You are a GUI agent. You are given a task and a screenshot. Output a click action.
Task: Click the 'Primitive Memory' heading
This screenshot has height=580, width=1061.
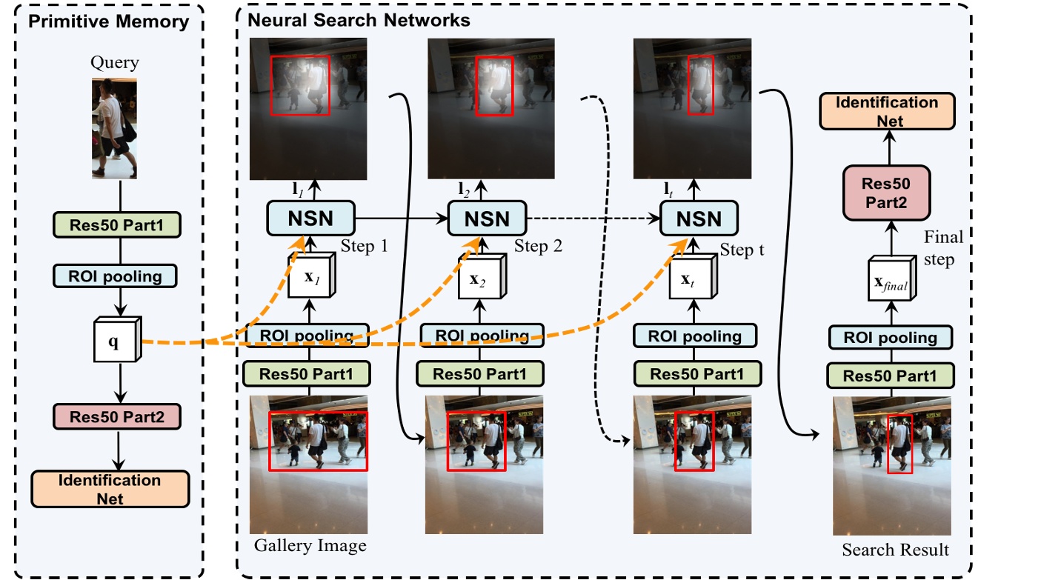click(107, 21)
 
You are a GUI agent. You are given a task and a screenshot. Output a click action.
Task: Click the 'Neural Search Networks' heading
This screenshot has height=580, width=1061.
click(359, 20)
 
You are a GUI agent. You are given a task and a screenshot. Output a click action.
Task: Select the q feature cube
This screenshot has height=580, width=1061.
click(114, 341)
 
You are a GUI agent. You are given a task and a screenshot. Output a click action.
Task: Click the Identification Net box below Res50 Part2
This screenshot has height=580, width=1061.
click(110, 489)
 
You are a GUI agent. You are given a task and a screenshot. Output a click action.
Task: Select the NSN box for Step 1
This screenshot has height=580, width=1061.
click(311, 219)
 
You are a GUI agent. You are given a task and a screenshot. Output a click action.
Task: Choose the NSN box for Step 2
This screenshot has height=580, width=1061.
click(487, 219)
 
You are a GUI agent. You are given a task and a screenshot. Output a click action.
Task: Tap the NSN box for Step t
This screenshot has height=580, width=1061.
click(699, 219)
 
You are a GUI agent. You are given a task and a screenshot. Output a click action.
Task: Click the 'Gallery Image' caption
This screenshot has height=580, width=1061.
click(310, 547)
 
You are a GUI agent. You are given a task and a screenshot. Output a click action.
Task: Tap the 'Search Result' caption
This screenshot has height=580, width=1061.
click(895, 550)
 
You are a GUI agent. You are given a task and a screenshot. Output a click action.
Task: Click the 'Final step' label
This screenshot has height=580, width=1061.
click(943, 249)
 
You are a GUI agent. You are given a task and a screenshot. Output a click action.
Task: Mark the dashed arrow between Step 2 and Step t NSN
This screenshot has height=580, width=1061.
click(593, 219)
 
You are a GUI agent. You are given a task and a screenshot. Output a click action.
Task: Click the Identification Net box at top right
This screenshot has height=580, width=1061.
click(887, 111)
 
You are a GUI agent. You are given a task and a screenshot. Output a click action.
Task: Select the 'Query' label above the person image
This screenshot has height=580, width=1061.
click(115, 63)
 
